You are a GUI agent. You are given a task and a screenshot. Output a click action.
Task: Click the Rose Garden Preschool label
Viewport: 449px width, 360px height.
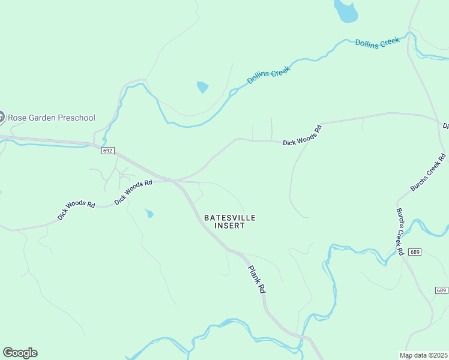coord(51,118)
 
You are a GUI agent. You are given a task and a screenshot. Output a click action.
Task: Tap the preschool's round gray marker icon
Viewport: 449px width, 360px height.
coord(1,118)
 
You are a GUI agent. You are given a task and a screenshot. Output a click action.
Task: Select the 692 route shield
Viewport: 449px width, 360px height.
coord(107,151)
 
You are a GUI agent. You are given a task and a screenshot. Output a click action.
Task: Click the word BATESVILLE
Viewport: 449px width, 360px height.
coord(230,218)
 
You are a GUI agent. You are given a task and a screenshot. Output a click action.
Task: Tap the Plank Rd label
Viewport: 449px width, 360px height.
coord(257,280)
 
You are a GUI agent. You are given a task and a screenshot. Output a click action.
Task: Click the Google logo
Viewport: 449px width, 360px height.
coord(20,353)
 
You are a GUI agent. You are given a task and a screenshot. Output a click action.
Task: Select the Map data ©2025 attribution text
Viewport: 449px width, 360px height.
coord(423,355)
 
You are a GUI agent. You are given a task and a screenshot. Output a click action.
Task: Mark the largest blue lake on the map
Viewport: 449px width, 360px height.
coord(346,10)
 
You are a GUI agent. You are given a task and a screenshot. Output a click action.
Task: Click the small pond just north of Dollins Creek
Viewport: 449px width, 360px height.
coord(202,88)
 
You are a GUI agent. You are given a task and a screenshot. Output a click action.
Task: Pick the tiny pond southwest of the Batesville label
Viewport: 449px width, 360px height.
coord(149,214)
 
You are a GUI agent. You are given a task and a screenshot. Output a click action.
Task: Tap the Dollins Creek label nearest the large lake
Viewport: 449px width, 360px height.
coord(377,42)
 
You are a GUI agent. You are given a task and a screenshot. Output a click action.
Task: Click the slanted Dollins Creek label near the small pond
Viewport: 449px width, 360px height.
coord(269,75)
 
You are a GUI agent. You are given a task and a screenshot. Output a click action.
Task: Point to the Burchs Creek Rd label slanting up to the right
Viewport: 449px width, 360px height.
coord(429,173)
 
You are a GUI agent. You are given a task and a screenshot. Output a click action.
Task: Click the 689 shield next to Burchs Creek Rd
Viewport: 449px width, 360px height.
coord(414,252)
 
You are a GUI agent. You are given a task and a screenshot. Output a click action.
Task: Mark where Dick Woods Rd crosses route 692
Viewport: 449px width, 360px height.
coord(175,180)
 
